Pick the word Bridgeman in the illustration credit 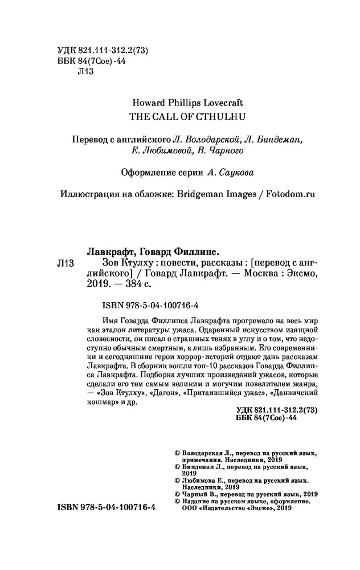pyautogui.click(x=194, y=194)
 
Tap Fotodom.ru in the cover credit pyautogui.click(x=289, y=194)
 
